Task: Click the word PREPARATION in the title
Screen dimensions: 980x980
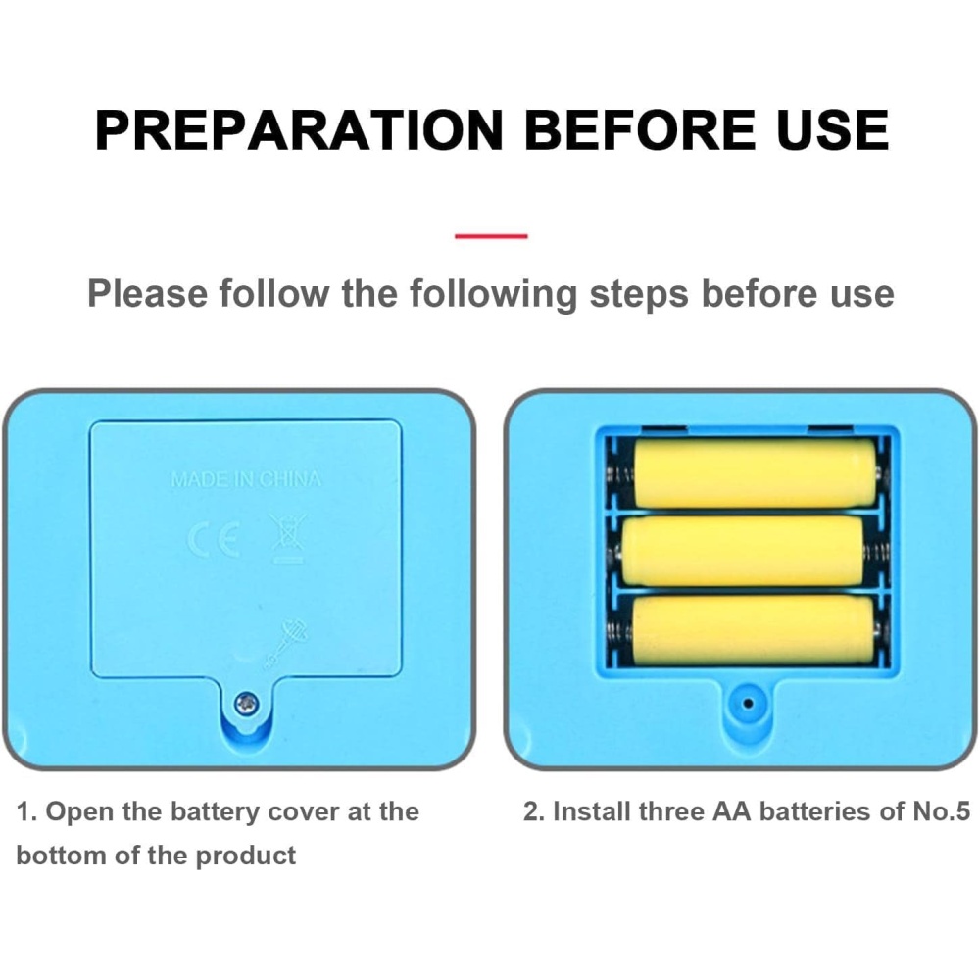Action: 299,130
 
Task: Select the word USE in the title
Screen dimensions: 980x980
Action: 832,130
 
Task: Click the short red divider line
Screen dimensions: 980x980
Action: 491,236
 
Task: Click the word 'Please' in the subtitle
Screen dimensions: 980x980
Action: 147,293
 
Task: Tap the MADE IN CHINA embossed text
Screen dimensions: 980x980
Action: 246,479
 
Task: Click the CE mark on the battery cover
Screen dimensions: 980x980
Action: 215,540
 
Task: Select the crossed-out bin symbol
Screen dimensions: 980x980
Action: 287,537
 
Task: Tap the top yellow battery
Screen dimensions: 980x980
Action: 755,472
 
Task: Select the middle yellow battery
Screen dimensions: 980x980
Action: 743,551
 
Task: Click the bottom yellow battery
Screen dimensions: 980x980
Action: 754,630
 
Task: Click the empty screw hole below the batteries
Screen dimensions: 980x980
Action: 748,703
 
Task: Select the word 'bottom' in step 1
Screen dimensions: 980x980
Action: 61,855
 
